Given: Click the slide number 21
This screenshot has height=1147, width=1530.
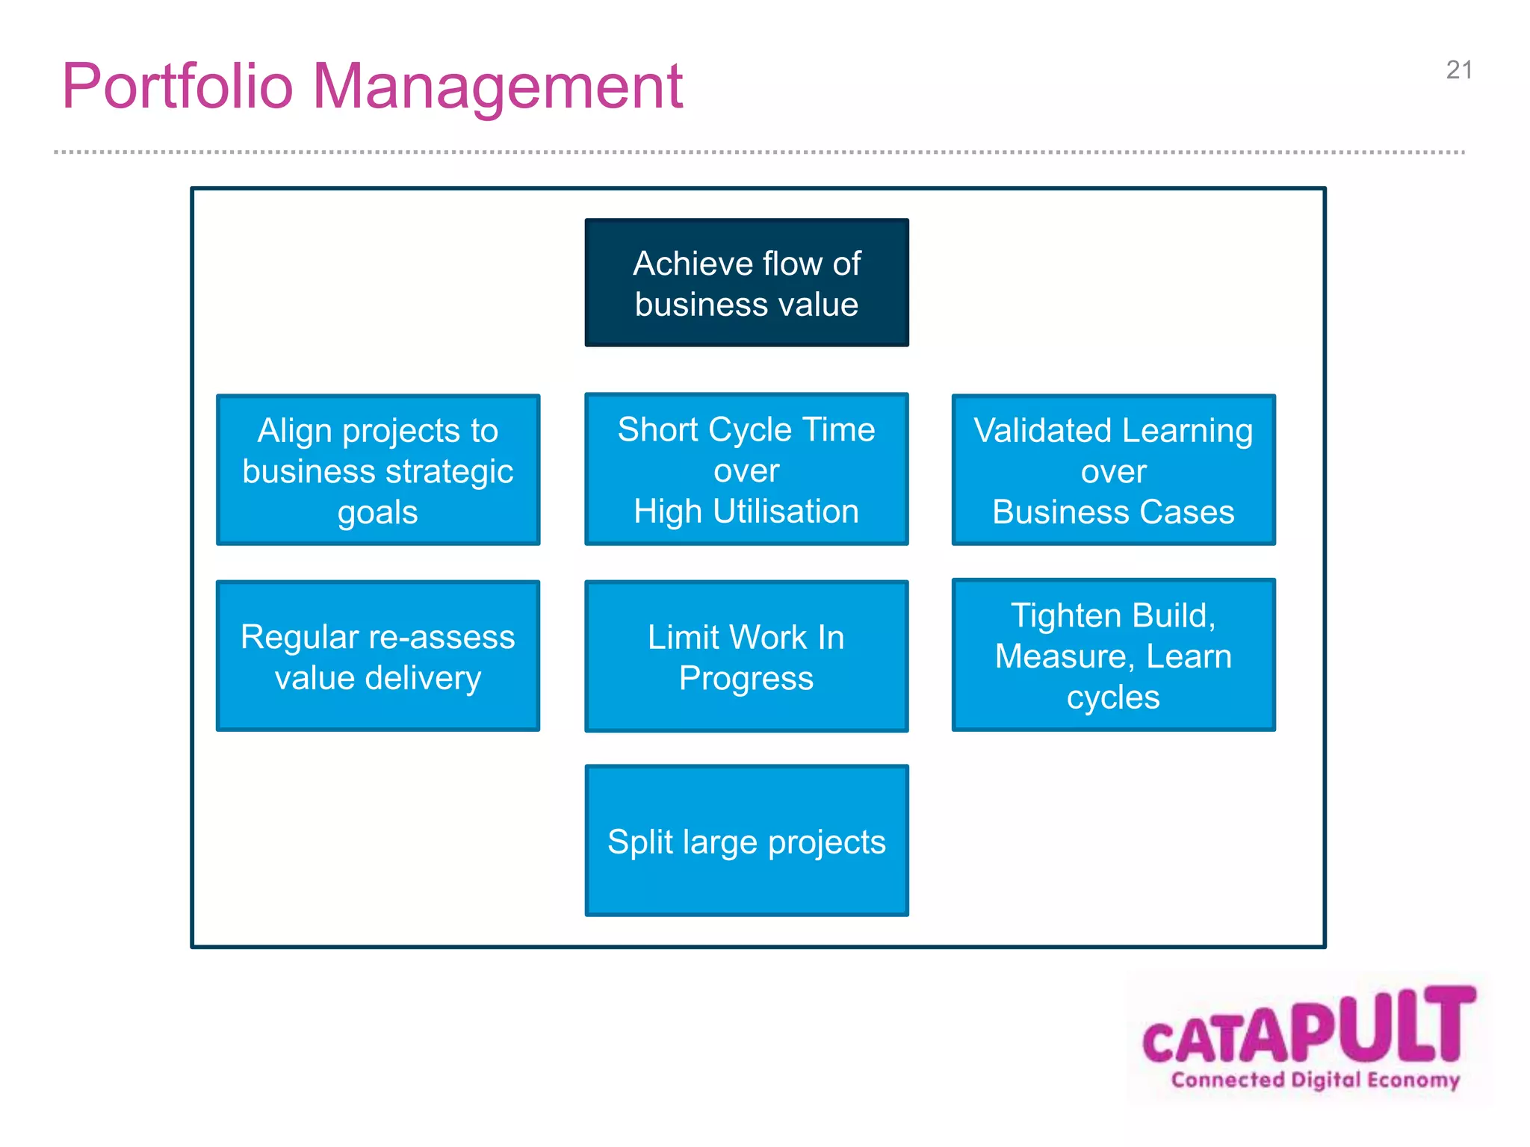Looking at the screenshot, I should pyautogui.click(x=1458, y=70).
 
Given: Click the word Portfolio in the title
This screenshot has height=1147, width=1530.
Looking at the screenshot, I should pyautogui.click(x=177, y=87).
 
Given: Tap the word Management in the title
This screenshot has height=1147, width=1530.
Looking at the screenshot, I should pyautogui.click(x=497, y=87).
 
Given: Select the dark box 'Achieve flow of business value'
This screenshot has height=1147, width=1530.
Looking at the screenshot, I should pyautogui.click(x=746, y=282).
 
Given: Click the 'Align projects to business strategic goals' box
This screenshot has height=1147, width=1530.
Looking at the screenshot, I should pyautogui.click(x=378, y=470).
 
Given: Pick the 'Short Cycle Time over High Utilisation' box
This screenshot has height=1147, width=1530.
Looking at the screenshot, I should pyautogui.click(x=746, y=469).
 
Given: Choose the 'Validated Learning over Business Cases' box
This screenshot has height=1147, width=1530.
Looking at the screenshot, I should pyautogui.click(x=1113, y=470).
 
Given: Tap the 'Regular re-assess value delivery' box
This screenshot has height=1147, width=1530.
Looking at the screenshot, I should pyautogui.click(x=378, y=656).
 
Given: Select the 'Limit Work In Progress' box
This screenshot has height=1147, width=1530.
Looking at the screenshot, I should pyautogui.click(x=746, y=656).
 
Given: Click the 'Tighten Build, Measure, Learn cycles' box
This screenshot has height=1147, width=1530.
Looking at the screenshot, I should pyautogui.click(x=1113, y=655).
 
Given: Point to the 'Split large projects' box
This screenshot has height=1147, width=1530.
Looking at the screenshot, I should pyautogui.click(x=746, y=840).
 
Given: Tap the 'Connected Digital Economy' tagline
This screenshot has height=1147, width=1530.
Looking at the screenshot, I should pyautogui.click(x=1315, y=1080).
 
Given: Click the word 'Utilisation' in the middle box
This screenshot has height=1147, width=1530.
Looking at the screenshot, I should pyautogui.click(x=785, y=512).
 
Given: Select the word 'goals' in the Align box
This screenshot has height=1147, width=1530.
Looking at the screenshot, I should pyautogui.click(x=377, y=513).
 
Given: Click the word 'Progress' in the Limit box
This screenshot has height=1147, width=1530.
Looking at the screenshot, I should pyautogui.click(x=746, y=679).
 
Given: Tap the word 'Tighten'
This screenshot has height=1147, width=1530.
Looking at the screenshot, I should pyautogui.click(x=1067, y=615).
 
